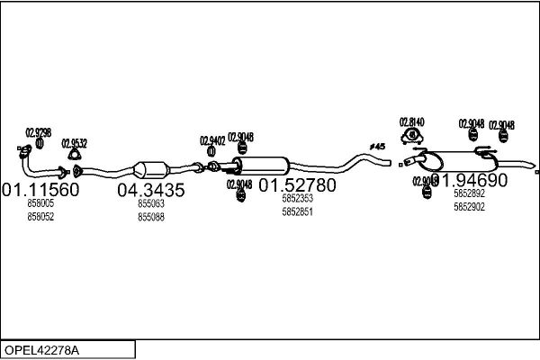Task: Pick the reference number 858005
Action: coord(40,204)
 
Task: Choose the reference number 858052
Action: coord(40,217)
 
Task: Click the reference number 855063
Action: coord(150,204)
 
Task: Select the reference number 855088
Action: coord(150,217)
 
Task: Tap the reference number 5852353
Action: coord(297,199)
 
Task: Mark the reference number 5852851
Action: coord(297,211)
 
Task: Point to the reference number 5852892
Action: coord(469,193)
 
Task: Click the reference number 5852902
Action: coord(469,206)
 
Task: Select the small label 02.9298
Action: coord(38,132)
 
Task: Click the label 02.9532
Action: coord(74,142)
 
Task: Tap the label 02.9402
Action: coord(212,139)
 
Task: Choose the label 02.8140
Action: coord(411,121)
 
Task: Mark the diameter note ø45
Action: coord(377,146)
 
